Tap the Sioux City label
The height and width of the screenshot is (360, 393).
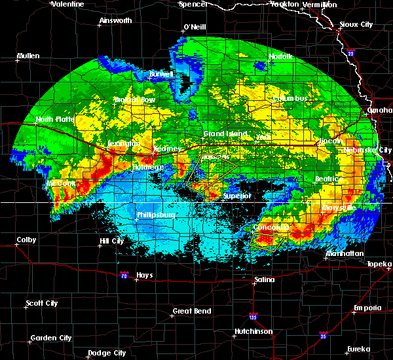(356, 25)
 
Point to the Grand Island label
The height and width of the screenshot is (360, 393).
(225, 134)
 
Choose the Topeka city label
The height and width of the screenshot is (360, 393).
(380, 264)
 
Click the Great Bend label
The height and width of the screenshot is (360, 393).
(191, 311)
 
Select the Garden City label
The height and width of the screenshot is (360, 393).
(51, 338)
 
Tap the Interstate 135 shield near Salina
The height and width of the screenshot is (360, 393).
(253, 317)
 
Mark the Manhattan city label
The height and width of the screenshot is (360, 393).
(345, 253)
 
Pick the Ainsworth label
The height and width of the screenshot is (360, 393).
(115, 20)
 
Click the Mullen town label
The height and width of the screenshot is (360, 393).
(28, 56)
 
